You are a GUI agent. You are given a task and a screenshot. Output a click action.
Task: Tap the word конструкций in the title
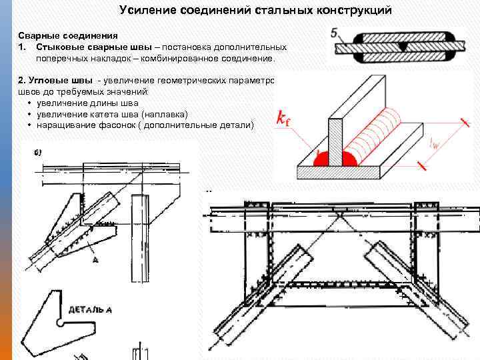tap(353, 11)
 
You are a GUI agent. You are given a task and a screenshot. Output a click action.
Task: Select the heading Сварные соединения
tap(68, 35)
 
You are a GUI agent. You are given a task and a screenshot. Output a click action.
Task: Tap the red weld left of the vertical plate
tap(320, 159)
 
